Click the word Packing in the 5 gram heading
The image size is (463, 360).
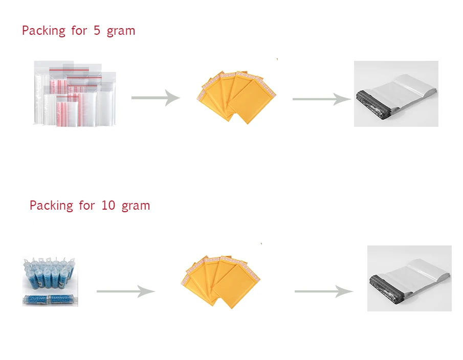pyautogui.click(x=43, y=31)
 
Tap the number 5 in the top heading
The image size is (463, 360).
pyautogui.click(x=97, y=30)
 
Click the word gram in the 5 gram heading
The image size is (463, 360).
pyautogui.click(x=121, y=31)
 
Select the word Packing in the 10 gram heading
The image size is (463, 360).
pyautogui.click(x=51, y=206)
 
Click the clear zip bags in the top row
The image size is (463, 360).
pyautogui.click(x=75, y=94)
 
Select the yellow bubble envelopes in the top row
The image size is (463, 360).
pyautogui.click(x=236, y=96)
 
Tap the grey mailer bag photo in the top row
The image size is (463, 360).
pyautogui.click(x=396, y=94)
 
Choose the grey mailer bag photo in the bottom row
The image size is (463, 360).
pyautogui.click(x=409, y=278)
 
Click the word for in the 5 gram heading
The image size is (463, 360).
pyautogui.click(x=79, y=31)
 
